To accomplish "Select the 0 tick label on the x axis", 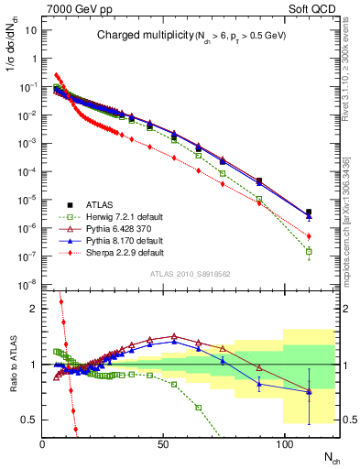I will pyautogui.click(x=43, y=444).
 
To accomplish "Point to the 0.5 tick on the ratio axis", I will pyautogui.click(x=30, y=420).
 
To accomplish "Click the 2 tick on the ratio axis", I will pyautogui.click(x=34, y=309).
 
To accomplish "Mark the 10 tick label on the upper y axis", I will pyautogui.click(x=30, y=29).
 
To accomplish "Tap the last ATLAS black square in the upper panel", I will pyautogui.click(x=309, y=213).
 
